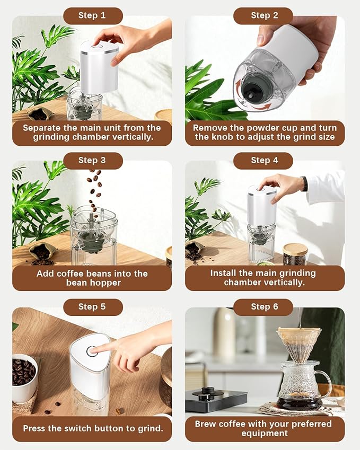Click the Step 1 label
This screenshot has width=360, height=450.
coord(92,15)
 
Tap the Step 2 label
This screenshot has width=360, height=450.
coord(264,15)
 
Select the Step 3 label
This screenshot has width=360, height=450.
coord(92,160)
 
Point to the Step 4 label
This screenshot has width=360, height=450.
coord(264,160)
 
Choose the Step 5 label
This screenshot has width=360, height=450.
coord(92,307)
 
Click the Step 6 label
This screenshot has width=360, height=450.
coord(264,307)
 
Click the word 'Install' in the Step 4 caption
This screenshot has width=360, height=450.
coord(225,273)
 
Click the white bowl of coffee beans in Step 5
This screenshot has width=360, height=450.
coord(25,377)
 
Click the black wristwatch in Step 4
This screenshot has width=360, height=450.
coord(304,183)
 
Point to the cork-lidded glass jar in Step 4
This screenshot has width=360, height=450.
coord(295,254)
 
